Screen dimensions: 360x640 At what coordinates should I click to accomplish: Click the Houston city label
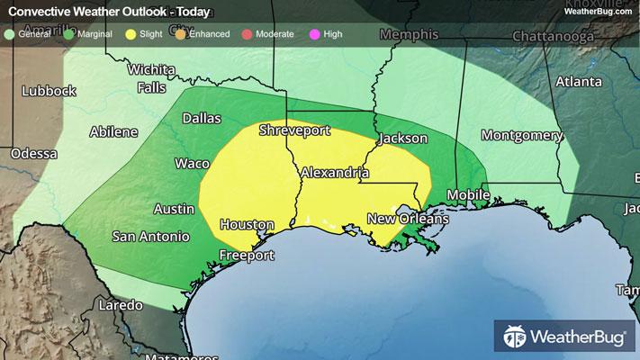(x=247, y=224)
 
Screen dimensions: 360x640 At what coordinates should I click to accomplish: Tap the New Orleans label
(x=407, y=219)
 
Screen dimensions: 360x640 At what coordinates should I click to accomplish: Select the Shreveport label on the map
(x=294, y=130)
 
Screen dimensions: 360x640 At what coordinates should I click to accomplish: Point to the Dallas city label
(x=201, y=118)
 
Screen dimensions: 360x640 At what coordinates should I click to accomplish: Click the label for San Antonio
(x=150, y=237)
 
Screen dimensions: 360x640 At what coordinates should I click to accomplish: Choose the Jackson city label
(x=402, y=139)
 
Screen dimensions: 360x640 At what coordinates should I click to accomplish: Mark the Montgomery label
(x=522, y=135)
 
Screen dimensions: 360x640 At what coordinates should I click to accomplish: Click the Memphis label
(x=409, y=34)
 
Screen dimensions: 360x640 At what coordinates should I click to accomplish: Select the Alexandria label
(x=334, y=171)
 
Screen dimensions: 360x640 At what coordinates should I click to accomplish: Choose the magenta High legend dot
(x=314, y=33)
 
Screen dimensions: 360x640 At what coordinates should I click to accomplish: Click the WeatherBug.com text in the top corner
(x=596, y=11)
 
